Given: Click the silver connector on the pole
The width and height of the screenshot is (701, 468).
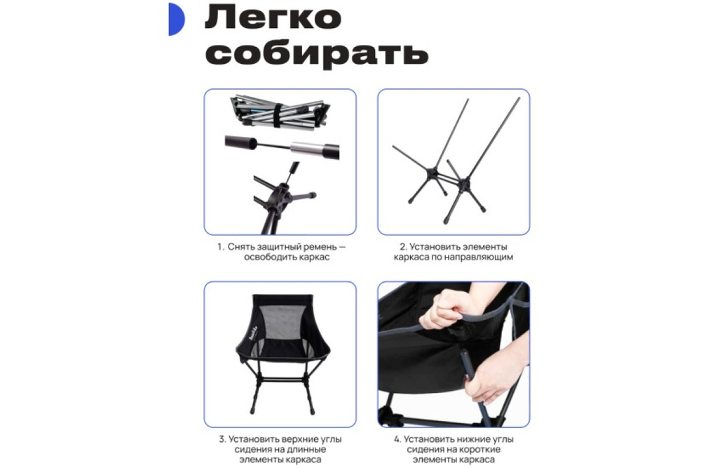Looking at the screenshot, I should pos(306,147).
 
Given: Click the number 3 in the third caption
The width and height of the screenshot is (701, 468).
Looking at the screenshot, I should pos(223,439).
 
